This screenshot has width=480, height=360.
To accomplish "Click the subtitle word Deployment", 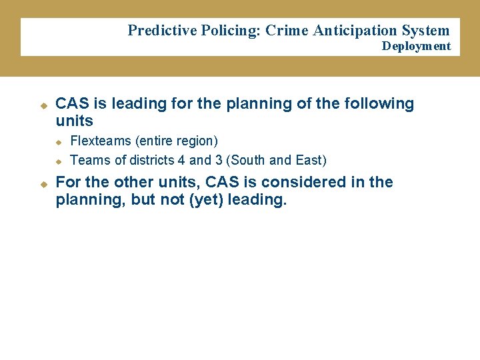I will point(416,46).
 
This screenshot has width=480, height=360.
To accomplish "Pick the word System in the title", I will point(425,31).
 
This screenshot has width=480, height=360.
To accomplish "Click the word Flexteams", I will point(100,141).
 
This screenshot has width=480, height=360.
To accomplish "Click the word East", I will point(309,160).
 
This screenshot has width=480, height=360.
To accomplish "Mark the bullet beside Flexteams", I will point(58,142).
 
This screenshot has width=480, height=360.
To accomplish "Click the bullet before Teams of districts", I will point(58,161).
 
